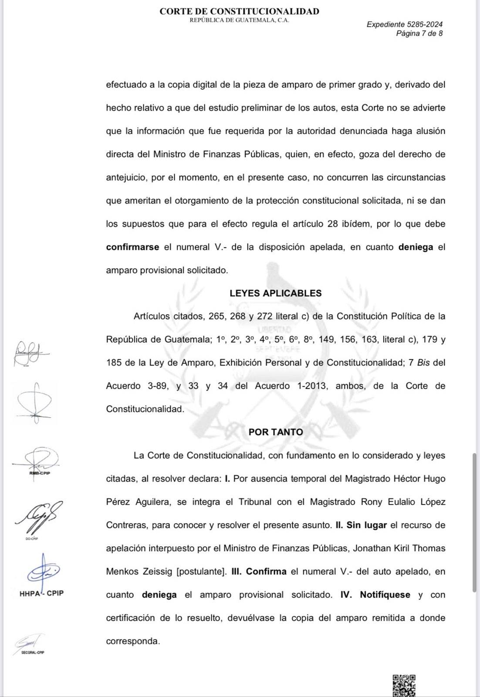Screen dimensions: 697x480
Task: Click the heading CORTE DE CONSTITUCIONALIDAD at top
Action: click(x=239, y=11)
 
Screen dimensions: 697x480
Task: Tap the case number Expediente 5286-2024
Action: click(x=404, y=24)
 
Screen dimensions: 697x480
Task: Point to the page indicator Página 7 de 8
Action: click(x=419, y=34)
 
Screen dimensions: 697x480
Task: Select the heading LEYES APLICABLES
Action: click(x=275, y=293)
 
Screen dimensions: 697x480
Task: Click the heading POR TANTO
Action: click(x=276, y=432)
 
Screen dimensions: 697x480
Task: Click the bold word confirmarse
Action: click(x=132, y=247)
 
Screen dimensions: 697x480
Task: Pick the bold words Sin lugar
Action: click(x=366, y=525)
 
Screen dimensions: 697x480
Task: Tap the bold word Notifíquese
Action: click(x=385, y=595)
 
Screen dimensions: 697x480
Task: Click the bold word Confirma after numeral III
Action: click(x=266, y=571)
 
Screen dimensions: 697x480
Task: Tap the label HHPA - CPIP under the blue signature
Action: click(x=41, y=593)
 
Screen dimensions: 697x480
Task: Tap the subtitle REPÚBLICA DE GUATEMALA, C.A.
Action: click(x=239, y=20)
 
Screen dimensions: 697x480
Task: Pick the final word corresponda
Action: click(x=132, y=641)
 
